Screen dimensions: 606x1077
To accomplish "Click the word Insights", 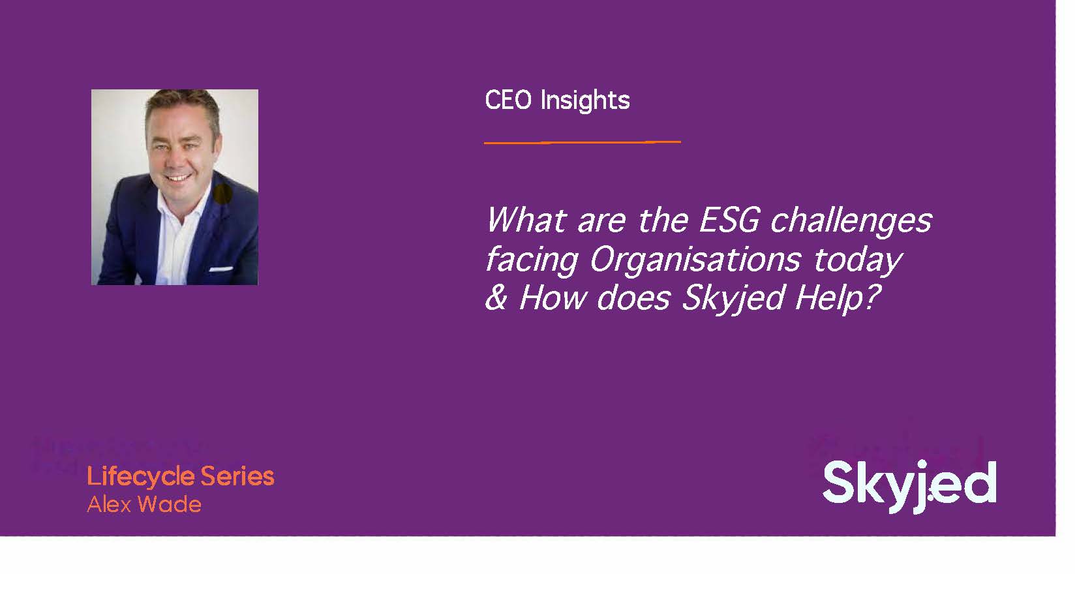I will [585, 101].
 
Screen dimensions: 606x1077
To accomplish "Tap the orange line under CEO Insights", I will [582, 142].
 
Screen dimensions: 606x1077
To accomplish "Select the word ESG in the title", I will [729, 220].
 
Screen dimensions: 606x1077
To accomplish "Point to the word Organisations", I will [695, 260].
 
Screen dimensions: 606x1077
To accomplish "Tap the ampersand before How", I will [496, 298].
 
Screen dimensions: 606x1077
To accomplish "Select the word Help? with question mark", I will [838, 299].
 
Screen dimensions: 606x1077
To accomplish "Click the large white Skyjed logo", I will [909, 485].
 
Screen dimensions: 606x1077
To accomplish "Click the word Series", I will [237, 476].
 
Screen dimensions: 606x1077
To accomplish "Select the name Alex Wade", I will [144, 504].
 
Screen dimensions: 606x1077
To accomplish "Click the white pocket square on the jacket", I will [220, 268].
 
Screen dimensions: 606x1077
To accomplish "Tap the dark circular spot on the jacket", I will [222, 193].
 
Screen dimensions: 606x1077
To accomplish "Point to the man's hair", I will [183, 104].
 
